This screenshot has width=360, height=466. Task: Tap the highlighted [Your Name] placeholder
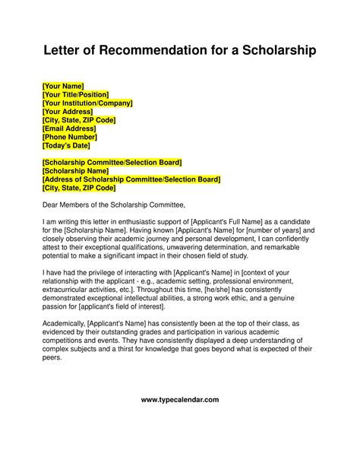[63, 86]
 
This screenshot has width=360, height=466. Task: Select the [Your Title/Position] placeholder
[81, 94]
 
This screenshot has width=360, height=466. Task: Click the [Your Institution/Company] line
[87, 103]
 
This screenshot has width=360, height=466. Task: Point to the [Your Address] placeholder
[68, 111]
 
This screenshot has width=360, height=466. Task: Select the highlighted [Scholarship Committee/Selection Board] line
[112, 163]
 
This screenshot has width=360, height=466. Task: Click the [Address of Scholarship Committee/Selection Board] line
[131, 179]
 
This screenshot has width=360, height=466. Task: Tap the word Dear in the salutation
[50, 204]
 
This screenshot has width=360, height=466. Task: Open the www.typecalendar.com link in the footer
[180, 420]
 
